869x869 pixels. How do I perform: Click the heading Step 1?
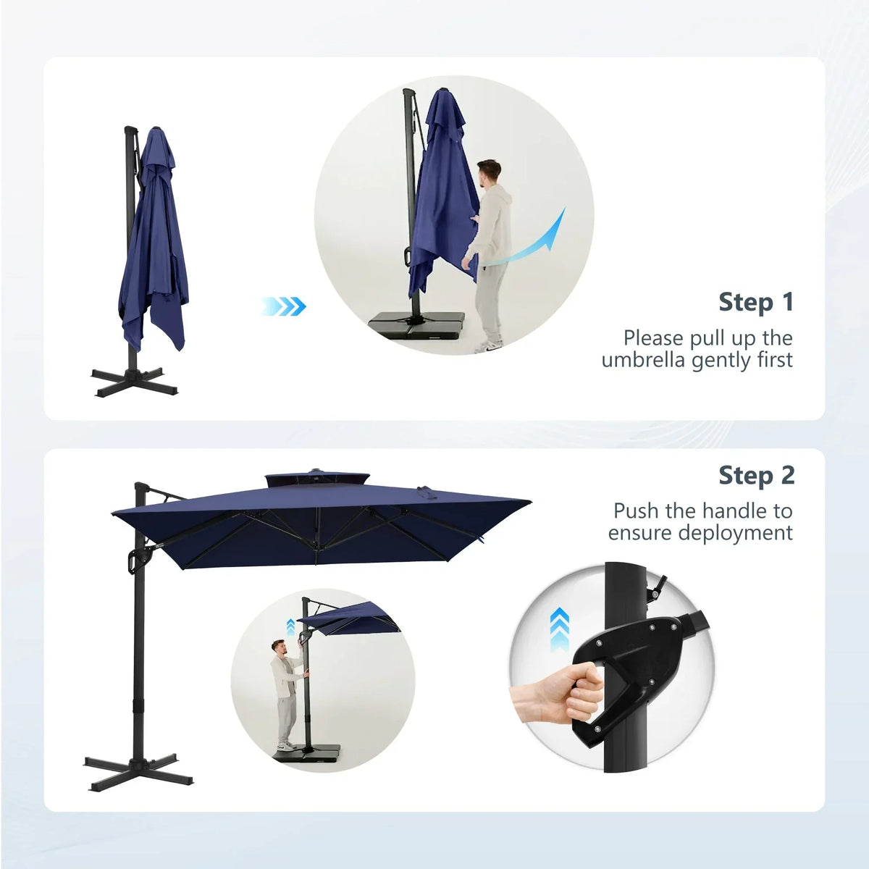tap(756, 302)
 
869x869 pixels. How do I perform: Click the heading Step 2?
tap(756, 476)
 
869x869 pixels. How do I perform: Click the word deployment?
tap(735, 533)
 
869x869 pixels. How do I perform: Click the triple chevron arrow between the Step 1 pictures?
tap(284, 306)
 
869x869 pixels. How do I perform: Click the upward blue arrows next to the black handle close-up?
tap(560, 630)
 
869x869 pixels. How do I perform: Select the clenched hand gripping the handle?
tap(557, 697)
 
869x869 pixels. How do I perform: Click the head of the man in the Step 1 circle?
tap(488, 173)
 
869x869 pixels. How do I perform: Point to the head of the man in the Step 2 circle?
tap(279, 648)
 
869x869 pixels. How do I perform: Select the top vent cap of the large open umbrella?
tap(317, 479)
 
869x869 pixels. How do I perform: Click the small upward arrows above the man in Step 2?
tap(291, 626)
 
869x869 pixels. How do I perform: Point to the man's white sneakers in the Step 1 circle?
tap(488, 346)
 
